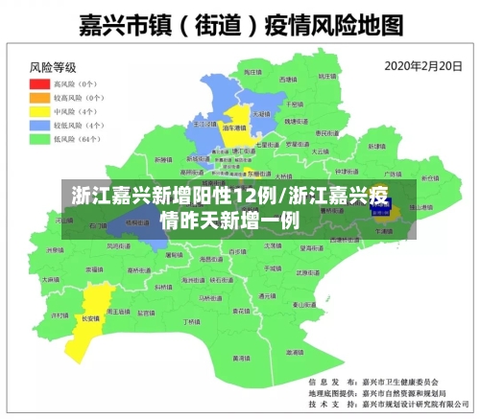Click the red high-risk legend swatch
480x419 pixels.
point(38,83)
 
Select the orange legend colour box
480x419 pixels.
point(38,97)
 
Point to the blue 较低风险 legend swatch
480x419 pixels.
point(38,125)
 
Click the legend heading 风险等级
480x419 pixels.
point(52,67)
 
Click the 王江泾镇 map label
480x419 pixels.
point(204,124)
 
